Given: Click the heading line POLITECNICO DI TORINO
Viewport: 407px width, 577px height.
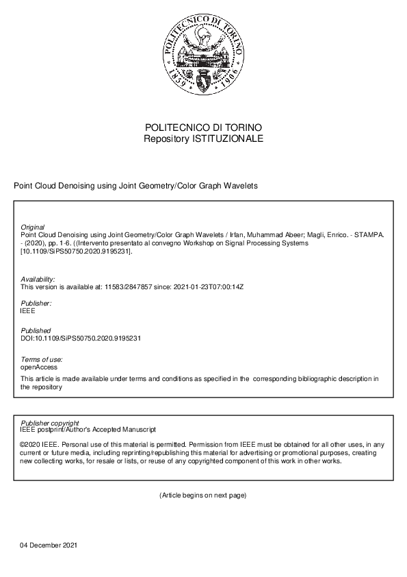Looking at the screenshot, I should click(x=203, y=127).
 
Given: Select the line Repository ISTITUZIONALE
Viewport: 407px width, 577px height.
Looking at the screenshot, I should click(x=203, y=138).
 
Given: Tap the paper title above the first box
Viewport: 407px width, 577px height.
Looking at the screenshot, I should click(x=135, y=186).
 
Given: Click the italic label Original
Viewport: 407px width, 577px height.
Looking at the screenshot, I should click(x=33, y=227).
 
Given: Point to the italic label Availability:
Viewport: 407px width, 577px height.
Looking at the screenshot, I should click(x=38, y=279).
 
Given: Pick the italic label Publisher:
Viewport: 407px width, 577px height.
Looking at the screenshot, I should click(x=36, y=303).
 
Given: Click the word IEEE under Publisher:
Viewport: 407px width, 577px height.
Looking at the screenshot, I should click(x=28, y=310).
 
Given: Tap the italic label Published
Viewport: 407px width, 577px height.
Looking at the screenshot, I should click(x=36, y=330).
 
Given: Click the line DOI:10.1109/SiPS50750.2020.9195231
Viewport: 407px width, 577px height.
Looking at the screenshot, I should click(x=81, y=338).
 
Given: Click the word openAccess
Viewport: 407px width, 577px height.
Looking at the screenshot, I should click(x=39, y=367).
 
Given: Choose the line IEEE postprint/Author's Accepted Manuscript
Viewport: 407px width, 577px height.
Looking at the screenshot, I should click(x=88, y=430).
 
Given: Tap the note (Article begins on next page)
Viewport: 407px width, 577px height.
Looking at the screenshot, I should click(x=203, y=495).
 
